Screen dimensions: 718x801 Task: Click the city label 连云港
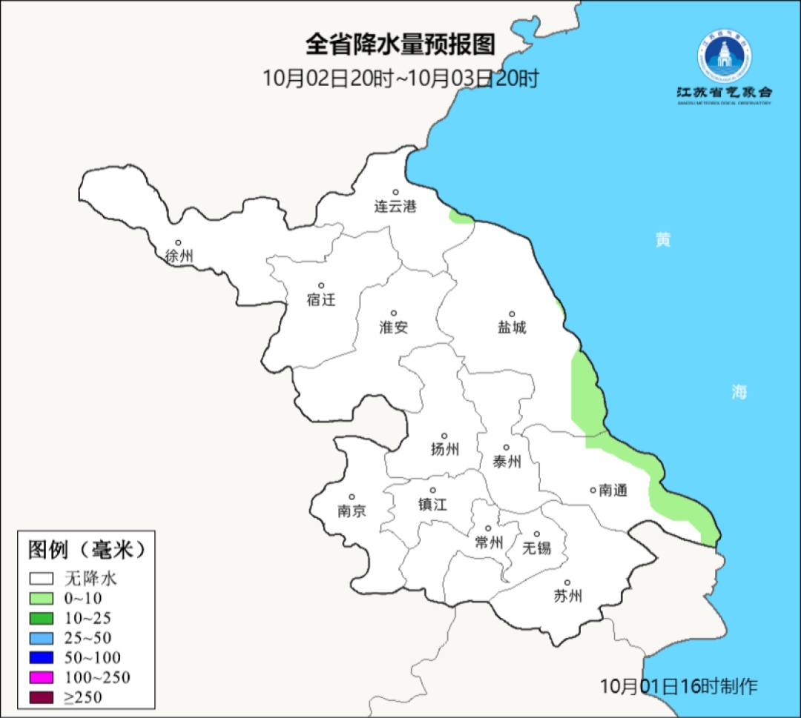coord(395,207)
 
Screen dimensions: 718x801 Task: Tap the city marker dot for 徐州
coord(178,242)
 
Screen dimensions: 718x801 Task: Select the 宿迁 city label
coord(321,299)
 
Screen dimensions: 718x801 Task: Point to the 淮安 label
coord(394,327)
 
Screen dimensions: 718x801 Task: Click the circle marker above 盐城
coord(512,314)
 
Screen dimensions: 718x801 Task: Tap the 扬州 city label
coord(445,449)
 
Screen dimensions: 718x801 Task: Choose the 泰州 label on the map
coord(507,462)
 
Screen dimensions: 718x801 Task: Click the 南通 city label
coord(613,490)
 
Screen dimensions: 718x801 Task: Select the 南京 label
coord(352,511)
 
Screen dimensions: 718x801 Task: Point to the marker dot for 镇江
coord(433,491)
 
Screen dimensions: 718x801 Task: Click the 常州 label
coord(489,542)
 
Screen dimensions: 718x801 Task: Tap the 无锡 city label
coord(537,548)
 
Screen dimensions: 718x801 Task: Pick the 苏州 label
coord(567,596)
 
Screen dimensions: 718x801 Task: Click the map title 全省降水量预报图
coord(400,44)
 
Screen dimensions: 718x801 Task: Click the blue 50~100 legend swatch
coord(42,657)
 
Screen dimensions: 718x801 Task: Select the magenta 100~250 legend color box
coord(42,677)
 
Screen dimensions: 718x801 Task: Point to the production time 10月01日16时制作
coord(679,685)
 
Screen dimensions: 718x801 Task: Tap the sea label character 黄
coord(663,240)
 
